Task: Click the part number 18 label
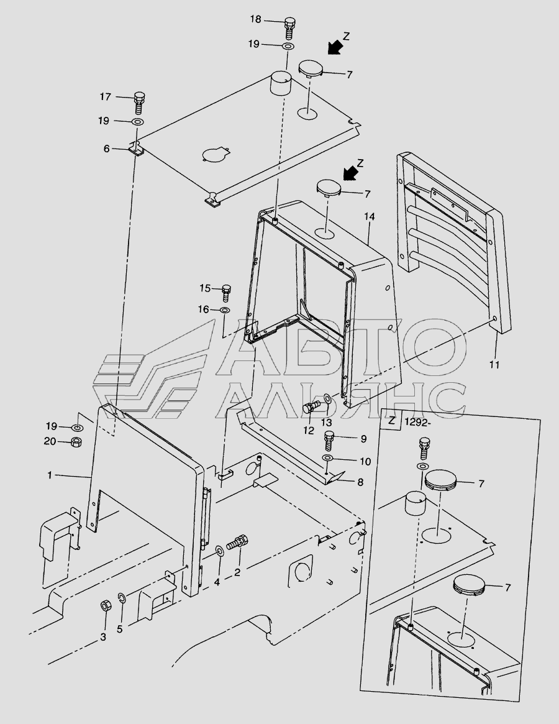[x=256, y=19]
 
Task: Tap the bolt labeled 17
[x=139, y=104]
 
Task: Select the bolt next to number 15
[x=226, y=293]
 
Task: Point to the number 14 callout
[x=370, y=216]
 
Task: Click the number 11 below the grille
[x=494, y=365]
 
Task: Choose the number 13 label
[x=326, y=422]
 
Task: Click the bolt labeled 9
[x=329, y=441]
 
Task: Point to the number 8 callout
[x=360, y=482]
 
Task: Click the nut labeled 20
[x=76, y=442]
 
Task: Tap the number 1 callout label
[x=50, y=475]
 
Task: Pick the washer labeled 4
[x=219, y=551]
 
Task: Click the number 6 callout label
[x=107, y=149]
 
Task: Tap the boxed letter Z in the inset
[x=392, y=421]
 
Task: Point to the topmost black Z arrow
[x=335, y=47]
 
